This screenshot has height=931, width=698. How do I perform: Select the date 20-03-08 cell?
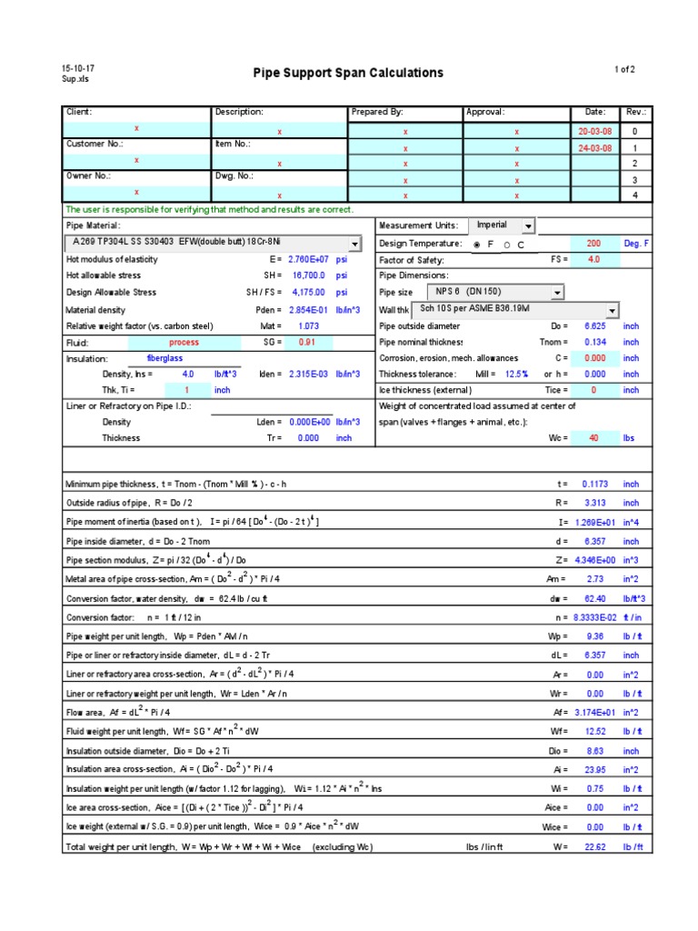tap(595, 132)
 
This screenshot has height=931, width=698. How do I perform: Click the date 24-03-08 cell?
tap(595, 148)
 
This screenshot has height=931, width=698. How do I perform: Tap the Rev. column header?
tap(635, 112)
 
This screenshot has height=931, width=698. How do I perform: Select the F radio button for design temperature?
tap(477, 245)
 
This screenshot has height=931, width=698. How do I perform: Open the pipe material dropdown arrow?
tap(354, 244)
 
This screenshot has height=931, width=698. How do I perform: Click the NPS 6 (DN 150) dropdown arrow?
tap(556, 293)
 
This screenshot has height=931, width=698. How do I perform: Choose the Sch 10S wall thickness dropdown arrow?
tap(612, 310)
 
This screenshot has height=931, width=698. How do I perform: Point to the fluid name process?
tap(184, 343)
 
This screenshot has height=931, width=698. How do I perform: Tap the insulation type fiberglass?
tap(165, 358)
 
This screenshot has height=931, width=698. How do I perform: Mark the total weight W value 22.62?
tap(593, 846)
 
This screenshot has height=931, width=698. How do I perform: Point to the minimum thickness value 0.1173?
tap(593, 485)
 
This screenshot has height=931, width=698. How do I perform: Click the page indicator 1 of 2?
tap(625, 69)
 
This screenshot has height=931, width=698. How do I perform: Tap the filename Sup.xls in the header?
tap(75, 79)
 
